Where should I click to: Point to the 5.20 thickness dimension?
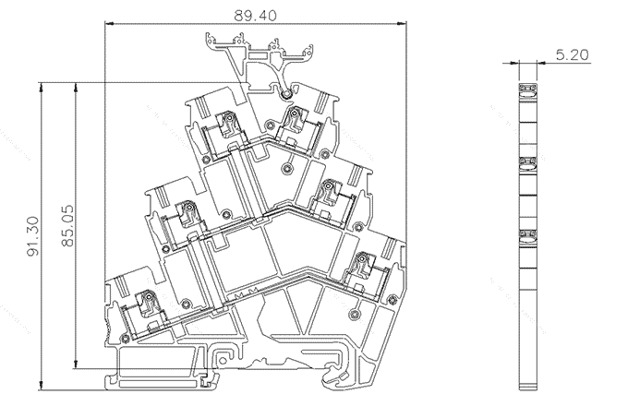(573, 55)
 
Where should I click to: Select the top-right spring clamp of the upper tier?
(294, 117)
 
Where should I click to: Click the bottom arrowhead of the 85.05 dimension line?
(76, 366)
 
